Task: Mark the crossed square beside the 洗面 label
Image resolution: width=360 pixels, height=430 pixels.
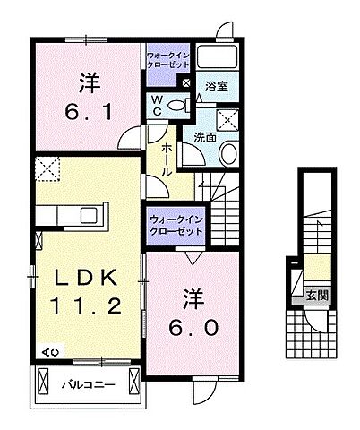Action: tap(227, 121)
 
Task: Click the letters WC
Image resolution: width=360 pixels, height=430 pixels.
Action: tap(156, 104)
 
